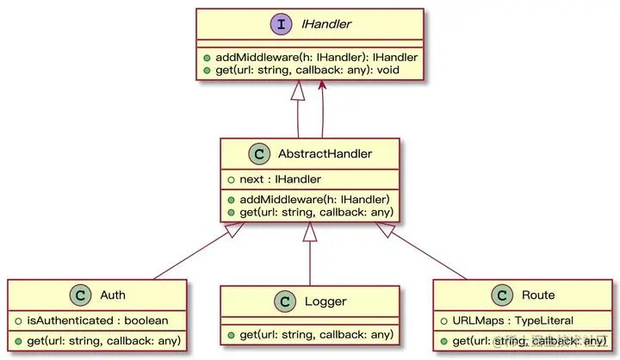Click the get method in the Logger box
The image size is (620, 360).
(311, 334)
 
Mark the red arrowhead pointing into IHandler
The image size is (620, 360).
(322, 84)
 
